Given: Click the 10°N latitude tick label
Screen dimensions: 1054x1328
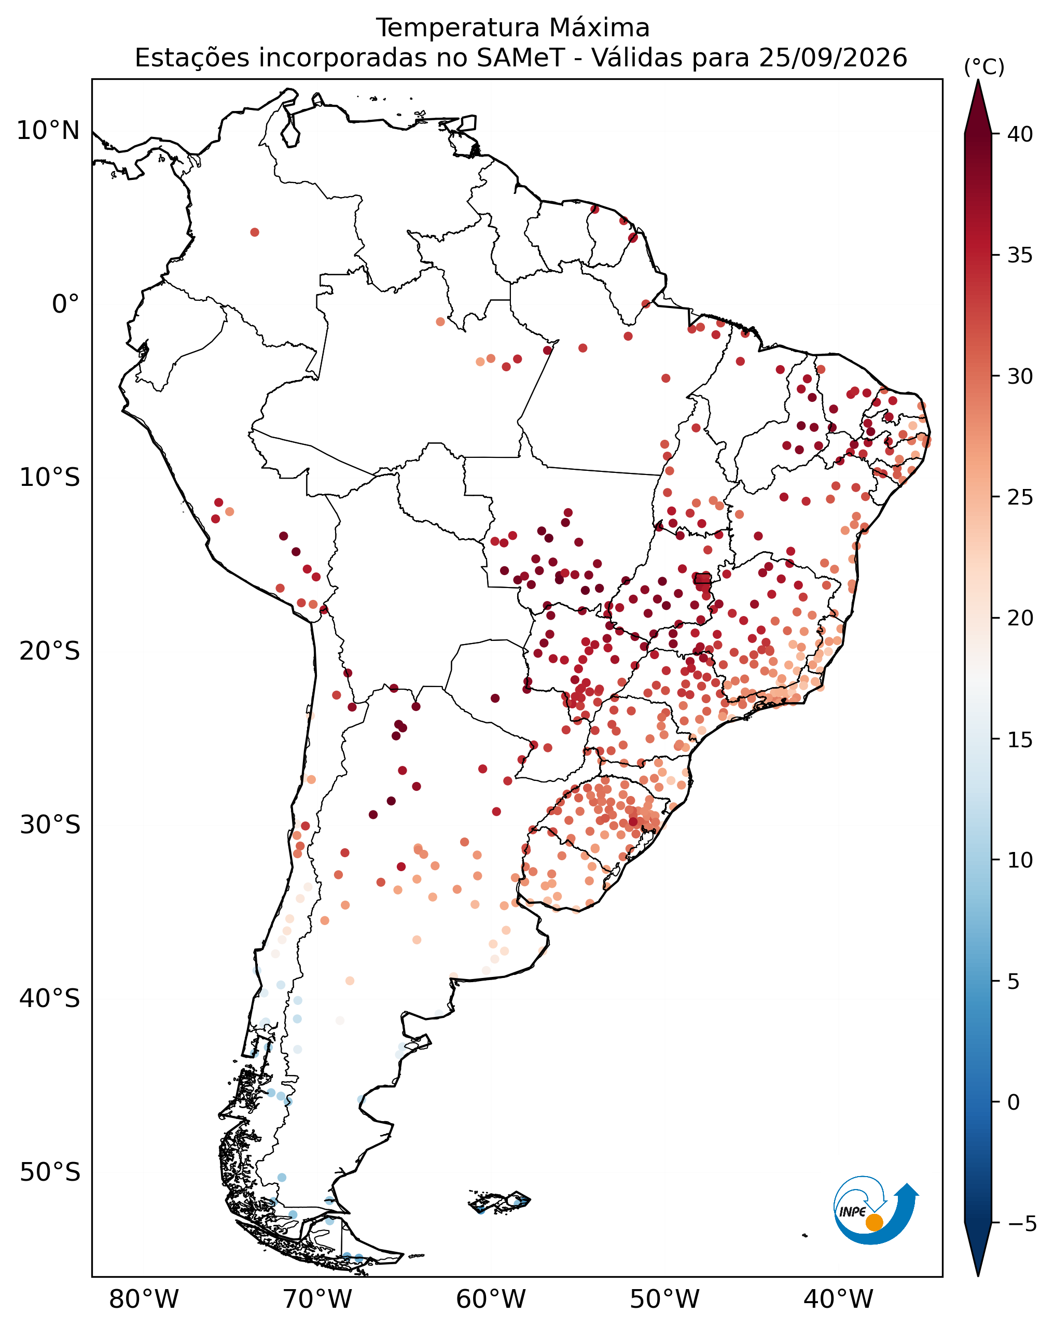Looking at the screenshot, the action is (x=48, y=131).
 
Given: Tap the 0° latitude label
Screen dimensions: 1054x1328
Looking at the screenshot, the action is (x=66, y=304).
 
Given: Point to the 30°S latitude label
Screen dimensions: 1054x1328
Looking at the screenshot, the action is (x=50, y=825).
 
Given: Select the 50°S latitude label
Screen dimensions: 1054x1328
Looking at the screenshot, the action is (x=50, y=1172).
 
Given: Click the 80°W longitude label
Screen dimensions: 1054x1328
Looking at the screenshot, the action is (x=144, y=1299).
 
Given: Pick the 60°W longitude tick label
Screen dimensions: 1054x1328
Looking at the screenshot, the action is (x=491, y=1299).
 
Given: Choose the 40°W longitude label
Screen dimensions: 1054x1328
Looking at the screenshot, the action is (x=838, y=1299).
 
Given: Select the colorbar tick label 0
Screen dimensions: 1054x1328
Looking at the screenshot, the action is (x=1014, y=1102).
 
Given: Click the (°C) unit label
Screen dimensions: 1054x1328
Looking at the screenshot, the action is (x=984, y=67).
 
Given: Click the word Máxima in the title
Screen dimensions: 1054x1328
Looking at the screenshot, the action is (x=599, y=27).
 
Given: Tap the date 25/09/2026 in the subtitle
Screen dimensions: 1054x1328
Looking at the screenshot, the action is (x=833, y=58).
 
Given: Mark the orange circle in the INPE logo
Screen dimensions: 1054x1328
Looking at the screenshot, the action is (x=874, y=1222).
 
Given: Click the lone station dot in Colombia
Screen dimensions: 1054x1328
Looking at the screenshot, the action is (x=254, y=232).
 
